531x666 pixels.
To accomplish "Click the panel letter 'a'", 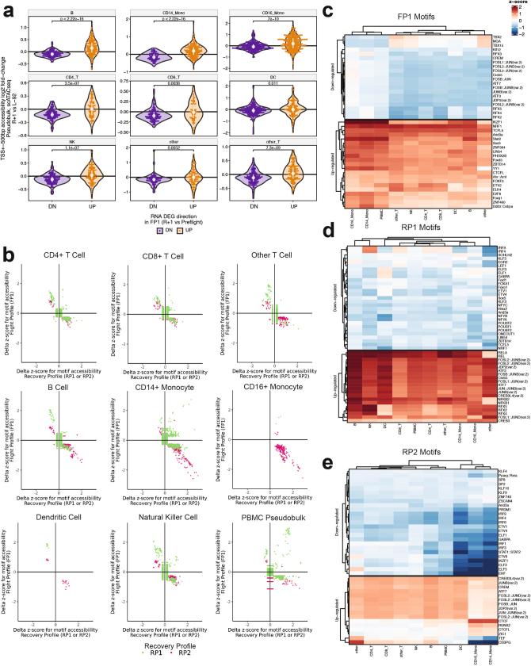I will click(x=6, y=6).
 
